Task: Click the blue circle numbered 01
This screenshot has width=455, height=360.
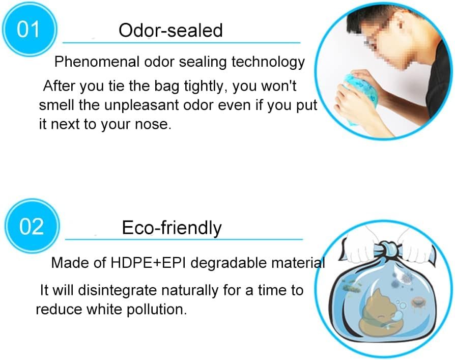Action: (x=30, y=30)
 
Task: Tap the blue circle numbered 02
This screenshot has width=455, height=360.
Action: (x=32, y=226)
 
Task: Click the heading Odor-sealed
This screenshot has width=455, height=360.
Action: (x=170, y=30)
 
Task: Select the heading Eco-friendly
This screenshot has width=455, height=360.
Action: (x=172, y=228)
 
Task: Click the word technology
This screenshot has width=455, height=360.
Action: (x=268, y=62)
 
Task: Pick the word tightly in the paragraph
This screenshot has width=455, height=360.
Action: (x=206, y=87)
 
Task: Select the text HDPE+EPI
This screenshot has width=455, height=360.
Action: (x=148, y=263)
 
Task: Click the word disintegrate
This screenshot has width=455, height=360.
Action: (x=117, y=290)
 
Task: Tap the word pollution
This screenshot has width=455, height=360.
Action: (x=157, y=309)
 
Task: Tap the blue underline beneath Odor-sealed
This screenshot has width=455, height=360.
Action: (x=181, y=43)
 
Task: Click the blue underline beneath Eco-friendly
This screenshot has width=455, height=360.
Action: (x=184, y=239)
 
